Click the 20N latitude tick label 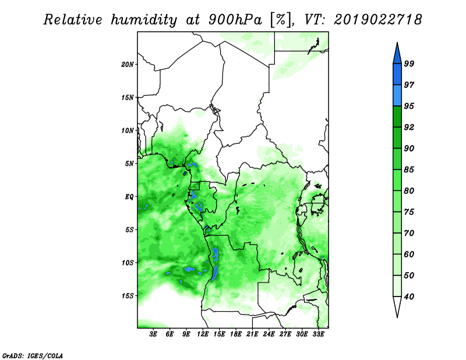[128, 65]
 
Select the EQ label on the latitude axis [129, 197]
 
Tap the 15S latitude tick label [128, 296]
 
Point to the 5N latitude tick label [129, 164]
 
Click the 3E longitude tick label [153, 334]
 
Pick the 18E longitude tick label [236, 334]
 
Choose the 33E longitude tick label [318, 334]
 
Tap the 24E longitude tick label [269, 334]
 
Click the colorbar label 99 [409, 63]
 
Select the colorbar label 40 [409, 297]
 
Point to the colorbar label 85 [409, 170]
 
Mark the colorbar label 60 [409, 254]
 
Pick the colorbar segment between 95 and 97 [397, 96]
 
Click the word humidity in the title [144, 20]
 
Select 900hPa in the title [235, 20]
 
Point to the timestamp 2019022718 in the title [377, 20]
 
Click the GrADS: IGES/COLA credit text [33, 356]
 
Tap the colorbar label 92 [409, 127]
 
